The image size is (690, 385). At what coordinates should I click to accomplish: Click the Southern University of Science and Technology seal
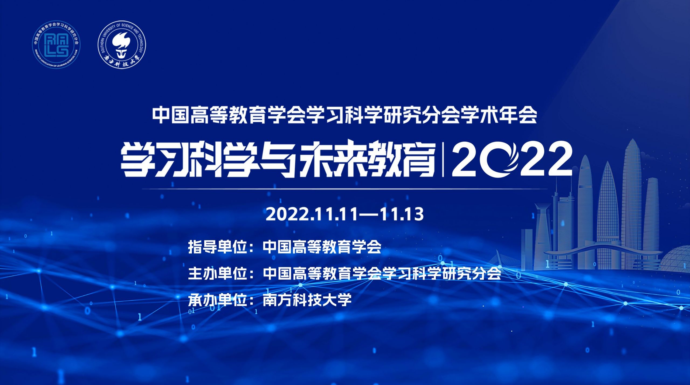122,44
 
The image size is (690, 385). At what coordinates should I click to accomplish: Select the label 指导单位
218,247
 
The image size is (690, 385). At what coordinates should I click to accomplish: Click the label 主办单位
218,273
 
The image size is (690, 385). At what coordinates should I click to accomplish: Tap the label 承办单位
218,300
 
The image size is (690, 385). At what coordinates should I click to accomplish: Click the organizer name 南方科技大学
307,300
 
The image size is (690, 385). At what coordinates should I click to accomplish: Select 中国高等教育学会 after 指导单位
322,247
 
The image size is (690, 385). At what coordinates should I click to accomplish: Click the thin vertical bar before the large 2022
443,161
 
